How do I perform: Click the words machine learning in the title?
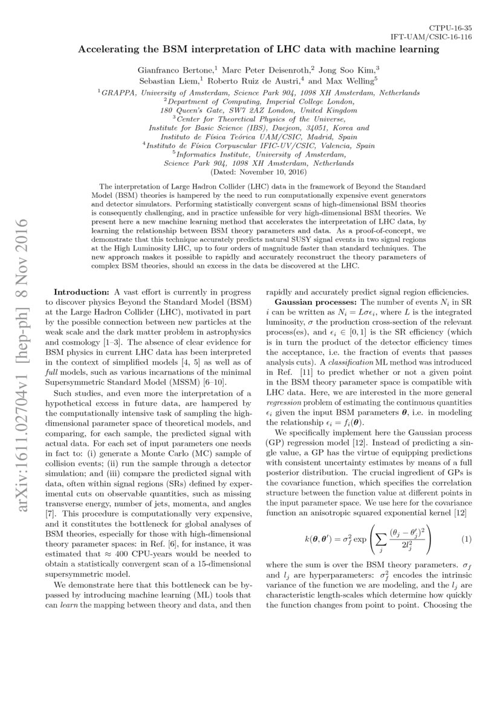(397, 49)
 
